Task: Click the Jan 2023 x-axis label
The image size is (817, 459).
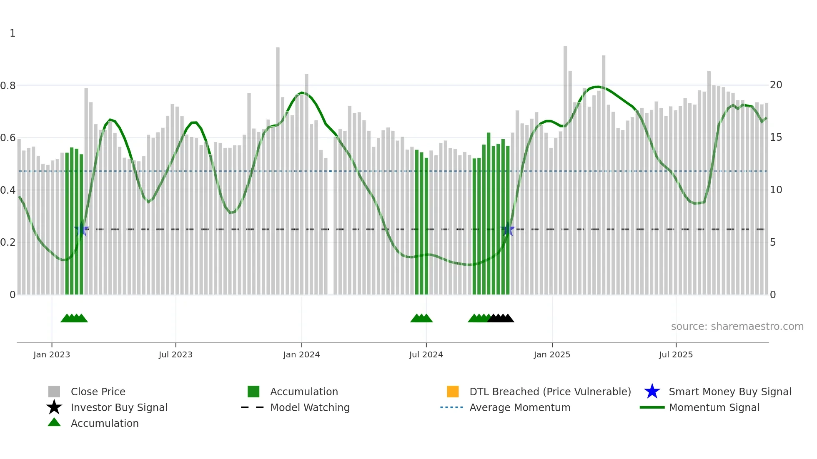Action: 52,354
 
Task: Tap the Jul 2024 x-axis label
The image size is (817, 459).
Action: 426,354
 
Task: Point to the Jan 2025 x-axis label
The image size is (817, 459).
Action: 552,354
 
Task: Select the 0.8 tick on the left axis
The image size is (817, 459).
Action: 8,86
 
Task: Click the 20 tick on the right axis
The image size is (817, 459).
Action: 776,85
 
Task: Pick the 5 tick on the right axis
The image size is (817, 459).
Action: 773,242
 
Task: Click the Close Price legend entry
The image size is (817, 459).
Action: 98,392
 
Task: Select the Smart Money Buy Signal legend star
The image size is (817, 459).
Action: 652,392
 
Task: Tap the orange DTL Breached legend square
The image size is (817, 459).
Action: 453,392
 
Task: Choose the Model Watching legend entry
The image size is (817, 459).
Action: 310,407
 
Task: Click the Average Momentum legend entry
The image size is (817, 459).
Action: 520,407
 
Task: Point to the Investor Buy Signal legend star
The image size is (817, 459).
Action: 54,407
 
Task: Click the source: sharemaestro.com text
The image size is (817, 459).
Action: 737,327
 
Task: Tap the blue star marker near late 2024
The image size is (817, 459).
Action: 507,229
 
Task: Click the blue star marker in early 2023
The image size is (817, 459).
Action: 81,229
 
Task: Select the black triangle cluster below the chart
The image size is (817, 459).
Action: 501,318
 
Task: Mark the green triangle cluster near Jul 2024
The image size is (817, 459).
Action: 421,318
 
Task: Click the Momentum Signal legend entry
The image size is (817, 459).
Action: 714,407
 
